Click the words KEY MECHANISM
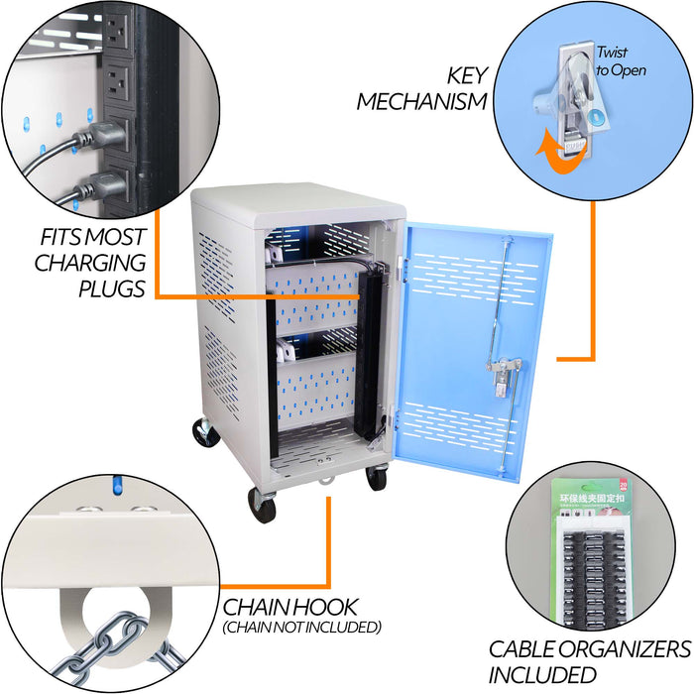[x=421, y=88]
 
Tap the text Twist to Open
[x=621, y=61]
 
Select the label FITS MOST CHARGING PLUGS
[x=91, y=263]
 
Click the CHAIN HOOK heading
[x=289, y=606]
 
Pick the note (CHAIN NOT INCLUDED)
[x=301, y=627]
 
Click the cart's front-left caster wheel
[x=262, y=505]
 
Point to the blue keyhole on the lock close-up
[x=594, y=118]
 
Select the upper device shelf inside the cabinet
[x=312, y=297]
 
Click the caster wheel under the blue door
[x=376, y=478]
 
